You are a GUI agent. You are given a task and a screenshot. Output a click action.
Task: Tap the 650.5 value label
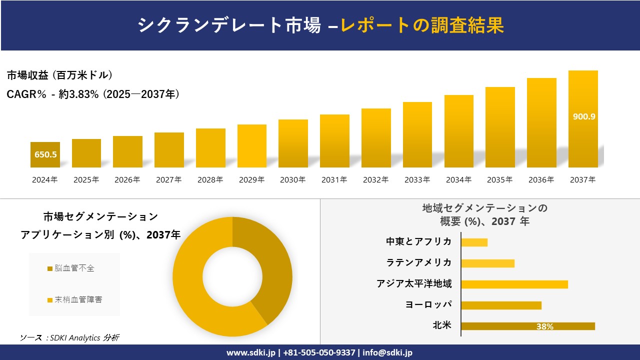(x=45, y=154)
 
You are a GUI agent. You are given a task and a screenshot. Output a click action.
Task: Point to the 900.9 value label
(x=583, y=116)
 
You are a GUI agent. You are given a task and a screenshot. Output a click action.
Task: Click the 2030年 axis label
(x=292, y=180)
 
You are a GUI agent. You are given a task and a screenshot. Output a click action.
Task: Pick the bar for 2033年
(x=417, y=135)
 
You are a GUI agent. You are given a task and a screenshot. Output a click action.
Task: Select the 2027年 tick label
(x=168, y=180)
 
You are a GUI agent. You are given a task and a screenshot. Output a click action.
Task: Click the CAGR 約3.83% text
(x=93, y=94)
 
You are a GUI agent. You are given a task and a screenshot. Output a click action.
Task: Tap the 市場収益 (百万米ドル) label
(x=59, y=75)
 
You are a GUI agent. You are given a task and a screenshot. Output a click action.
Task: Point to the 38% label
(x=544, y=326)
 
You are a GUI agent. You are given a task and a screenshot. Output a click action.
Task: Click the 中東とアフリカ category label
(x=419, y=242)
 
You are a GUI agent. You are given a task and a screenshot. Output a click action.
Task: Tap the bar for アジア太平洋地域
(x=514, y=284)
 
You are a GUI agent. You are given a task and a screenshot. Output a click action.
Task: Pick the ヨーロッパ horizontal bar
(x=501, y=305)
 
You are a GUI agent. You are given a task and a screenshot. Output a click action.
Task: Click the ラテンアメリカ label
(x=419, y=263)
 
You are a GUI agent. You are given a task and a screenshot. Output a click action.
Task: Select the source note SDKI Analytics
(x=70, y=338)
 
